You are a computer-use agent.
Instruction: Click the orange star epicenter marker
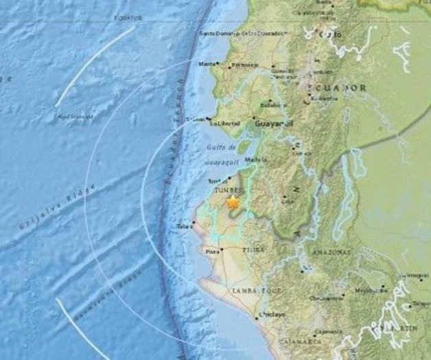233,203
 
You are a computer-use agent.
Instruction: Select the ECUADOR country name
337,88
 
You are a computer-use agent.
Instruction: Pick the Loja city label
288,201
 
